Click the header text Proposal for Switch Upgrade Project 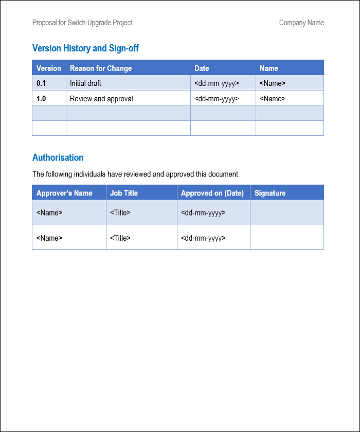(82, 23)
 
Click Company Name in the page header (301, 23)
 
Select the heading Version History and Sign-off (85, 48)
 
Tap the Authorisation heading (58, 157)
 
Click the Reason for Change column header (101, 68)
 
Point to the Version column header (49, 68)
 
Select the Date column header (202, 68)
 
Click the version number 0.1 (41, 83)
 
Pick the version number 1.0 (41, 99)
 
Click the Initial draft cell (85, 83)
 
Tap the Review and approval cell (101, 99)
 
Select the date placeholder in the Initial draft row (217, 83)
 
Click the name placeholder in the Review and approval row (273, 99)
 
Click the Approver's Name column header (64, 193)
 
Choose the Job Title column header (124, 193)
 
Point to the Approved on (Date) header (212, 193)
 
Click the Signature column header (270, 193)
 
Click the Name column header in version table (268, 68)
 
